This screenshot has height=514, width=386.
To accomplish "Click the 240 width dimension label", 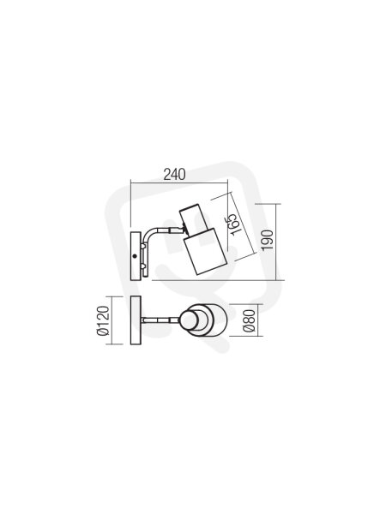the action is pyautogui.click(x=175, y=175).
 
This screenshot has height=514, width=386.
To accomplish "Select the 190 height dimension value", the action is pyautogui.click(x=268, y=240).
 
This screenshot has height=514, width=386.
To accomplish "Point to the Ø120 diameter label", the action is pyautogui.click(x=102, y=320).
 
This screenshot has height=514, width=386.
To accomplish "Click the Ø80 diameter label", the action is pyautogui.click(x=250, y=320).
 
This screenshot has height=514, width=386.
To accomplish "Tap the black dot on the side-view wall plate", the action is pyautogui.click(x=135, y=256).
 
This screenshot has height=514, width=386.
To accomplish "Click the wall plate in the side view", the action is pyautogui.click(x=136, y=256).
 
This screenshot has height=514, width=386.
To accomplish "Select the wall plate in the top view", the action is pyautogui.click(x=136, y=320).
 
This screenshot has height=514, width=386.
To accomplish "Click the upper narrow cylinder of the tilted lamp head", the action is pyautogui.click(x=191, y=218).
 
